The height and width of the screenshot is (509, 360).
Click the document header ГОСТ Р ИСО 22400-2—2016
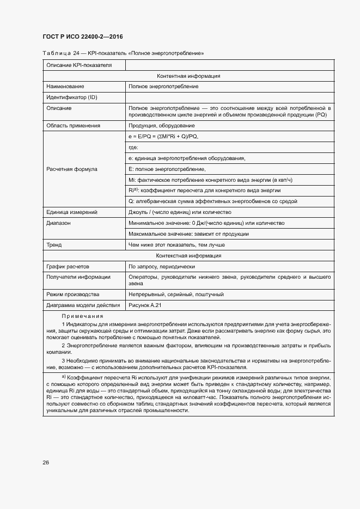82,36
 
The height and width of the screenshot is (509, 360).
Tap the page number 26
46,462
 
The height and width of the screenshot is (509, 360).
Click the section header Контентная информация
188,76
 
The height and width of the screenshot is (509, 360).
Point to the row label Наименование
65,87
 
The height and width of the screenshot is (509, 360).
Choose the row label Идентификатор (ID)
72,97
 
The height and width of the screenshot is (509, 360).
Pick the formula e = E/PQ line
163,137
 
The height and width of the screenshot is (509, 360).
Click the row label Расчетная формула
72,169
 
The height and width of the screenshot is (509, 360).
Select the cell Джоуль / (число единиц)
180,212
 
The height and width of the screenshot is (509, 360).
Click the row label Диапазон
59,223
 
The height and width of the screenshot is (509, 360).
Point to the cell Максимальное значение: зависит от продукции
188,234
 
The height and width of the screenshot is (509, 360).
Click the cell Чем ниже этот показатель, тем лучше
176,245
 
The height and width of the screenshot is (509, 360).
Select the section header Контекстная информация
188,256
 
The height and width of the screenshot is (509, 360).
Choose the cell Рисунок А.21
145,305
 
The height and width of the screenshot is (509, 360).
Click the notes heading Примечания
82,316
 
